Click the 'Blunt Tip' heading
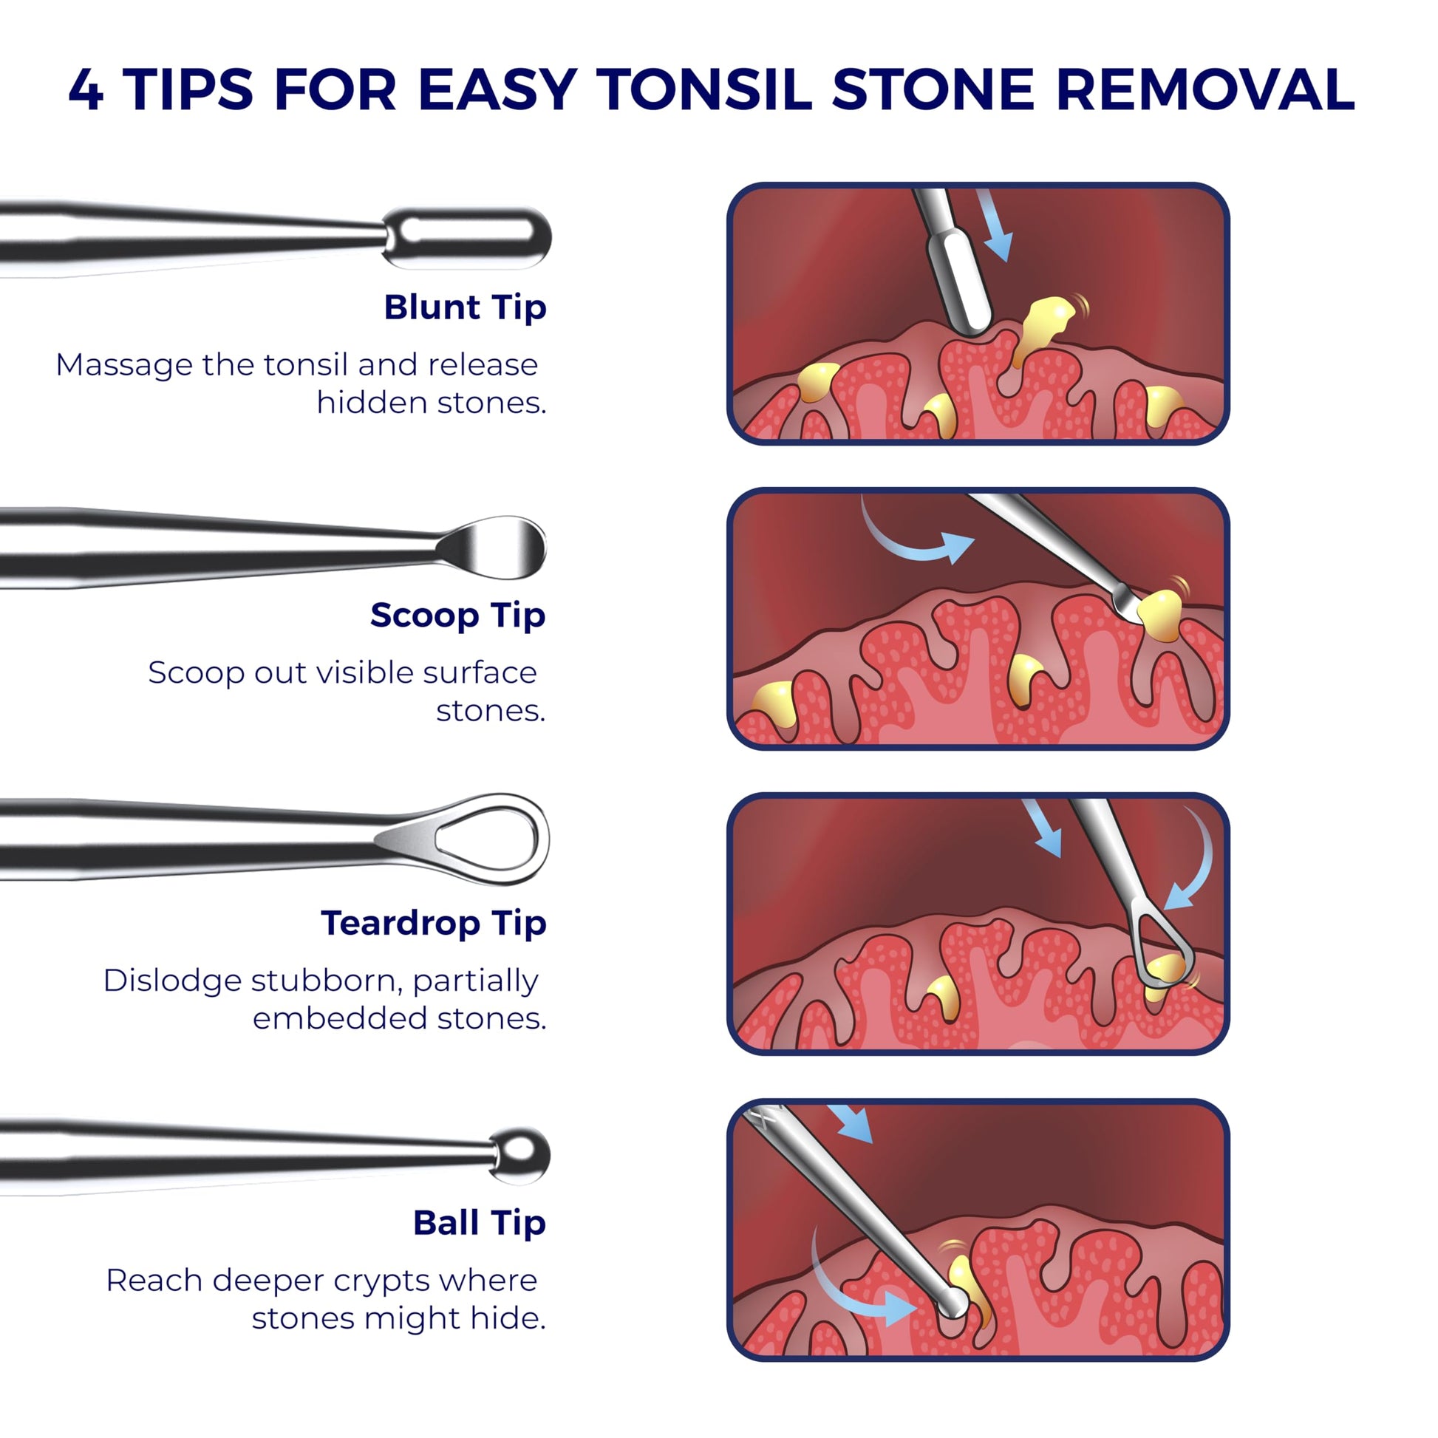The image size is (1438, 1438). click(x=466, y=307)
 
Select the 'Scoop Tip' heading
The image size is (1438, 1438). click(x=457, y=615)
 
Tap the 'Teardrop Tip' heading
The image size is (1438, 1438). click(x=434, y=923)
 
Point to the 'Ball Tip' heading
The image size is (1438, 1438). click(x=480, y=1223)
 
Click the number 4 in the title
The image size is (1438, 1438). click(x=86, y=90)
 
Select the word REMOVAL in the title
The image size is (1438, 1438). click(x=1205, y=90)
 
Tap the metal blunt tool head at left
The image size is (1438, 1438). click(x=468, y=237)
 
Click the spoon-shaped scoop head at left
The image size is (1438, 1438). click(x=493, y=548)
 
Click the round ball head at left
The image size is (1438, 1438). click(x=519, y=1156)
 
